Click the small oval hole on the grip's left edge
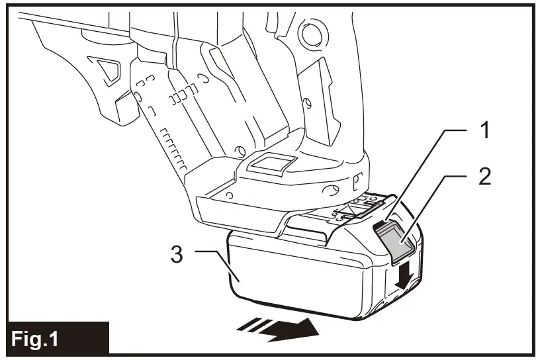coord(138,97)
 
